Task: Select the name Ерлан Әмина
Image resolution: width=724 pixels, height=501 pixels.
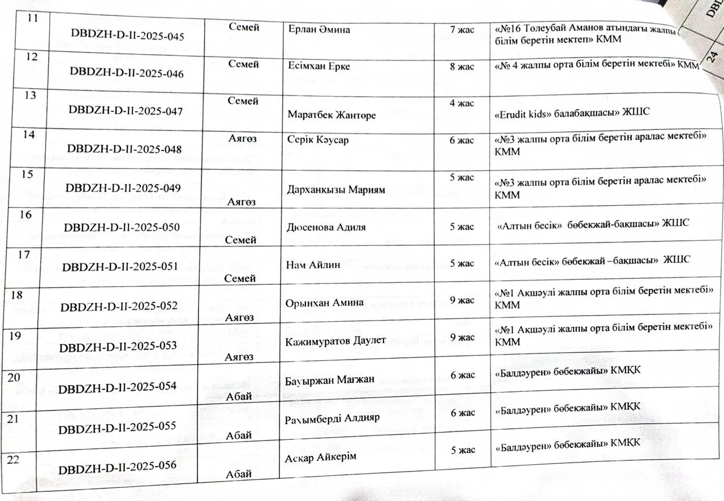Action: pyautogui.click(x=319, y=29)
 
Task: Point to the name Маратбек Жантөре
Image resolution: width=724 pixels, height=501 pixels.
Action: pyautogui.click(x=332, y=115)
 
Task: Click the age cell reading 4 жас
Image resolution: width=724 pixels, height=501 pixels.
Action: pyautogui.click(x=462, y=103)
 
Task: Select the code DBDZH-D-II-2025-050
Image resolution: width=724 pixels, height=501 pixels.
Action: pyautogui.click(x=122, y=227)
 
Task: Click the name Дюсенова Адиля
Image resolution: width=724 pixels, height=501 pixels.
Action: pyautogui.click(x=327, y=227)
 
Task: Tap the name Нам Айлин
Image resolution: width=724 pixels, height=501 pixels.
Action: pyautogui.click(x=314, y=265)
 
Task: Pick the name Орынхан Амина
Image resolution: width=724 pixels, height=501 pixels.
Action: pyautogui.click(x=325, y=303)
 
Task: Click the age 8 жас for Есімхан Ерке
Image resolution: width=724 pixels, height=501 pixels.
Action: pyautogui.click(x=462, y=67)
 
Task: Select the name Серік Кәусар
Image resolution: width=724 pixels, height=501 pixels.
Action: pyautogui.click(x=316, y=141)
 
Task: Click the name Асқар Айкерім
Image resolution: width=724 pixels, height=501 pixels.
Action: pyautogui.click(x=321, y=457)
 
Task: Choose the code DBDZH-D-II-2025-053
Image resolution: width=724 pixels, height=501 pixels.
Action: pyautogui.click(x=118, y=345)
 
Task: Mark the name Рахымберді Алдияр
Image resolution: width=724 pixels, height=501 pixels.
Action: pyautogui.click(x=325, y=418)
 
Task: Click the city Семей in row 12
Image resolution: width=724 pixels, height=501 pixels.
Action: pyautogui.click(x=244, y=64)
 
